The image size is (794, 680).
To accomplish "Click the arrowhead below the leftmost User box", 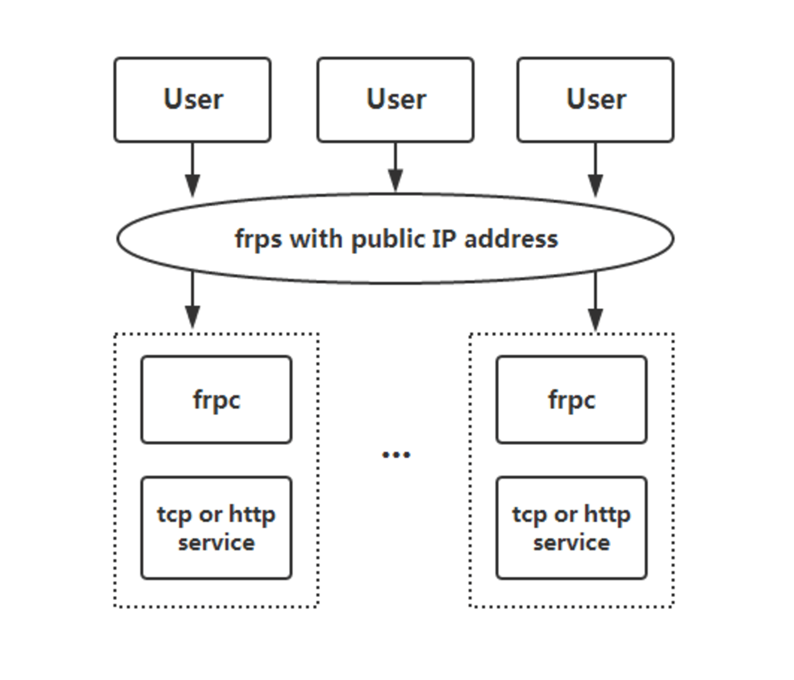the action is [192, 185].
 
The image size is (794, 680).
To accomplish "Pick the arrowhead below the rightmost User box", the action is [595, 185].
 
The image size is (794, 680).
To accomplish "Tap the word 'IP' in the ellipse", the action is [444, 239].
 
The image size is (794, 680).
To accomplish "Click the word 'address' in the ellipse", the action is [511, 239].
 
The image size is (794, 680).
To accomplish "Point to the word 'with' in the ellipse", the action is [316, 238].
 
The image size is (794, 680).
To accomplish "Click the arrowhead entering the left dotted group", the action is [192, 317].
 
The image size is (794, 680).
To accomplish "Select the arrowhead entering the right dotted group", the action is [595, 319].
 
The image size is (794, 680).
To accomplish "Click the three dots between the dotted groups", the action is [396, 455].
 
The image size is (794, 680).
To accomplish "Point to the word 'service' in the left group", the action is [216, 542].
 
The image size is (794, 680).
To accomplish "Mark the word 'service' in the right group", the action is [571, 542].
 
